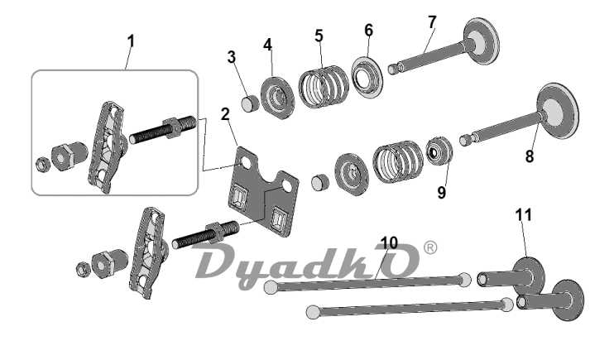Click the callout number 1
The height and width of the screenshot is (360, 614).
[x=131, y=41]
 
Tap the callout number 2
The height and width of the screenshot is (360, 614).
[x=225, y=114]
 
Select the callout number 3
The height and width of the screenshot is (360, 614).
[x=232, y=57]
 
